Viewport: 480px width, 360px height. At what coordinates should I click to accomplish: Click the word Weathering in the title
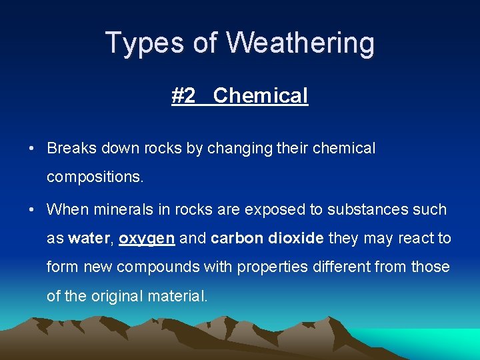(x=300, y=43)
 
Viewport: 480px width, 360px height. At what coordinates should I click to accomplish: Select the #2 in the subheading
(x=183, y=95)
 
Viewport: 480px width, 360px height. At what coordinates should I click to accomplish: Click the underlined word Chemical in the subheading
(x=261, y=95)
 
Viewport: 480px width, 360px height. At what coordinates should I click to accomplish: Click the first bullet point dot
(x=32, y=149)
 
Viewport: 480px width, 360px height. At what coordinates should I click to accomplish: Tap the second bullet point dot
(x=32, y=209)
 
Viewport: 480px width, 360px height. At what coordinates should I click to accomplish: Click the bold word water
(x=90, y=239)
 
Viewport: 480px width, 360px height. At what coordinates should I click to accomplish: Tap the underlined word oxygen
(x=147, y=239)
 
